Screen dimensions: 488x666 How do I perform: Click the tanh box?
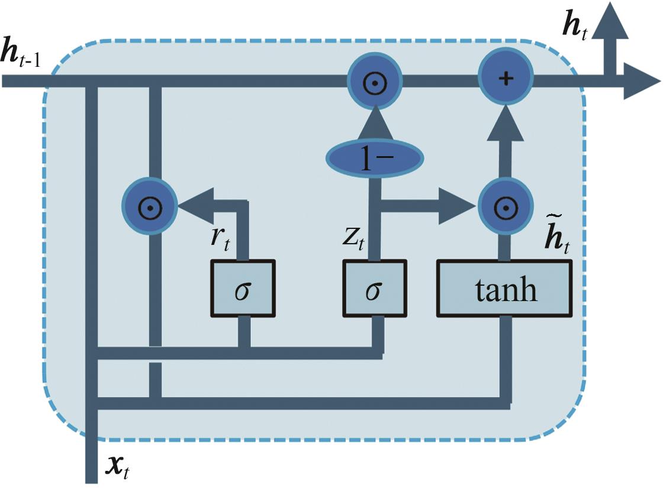[x=504, y=288]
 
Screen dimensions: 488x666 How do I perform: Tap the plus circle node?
[x=506, y=79]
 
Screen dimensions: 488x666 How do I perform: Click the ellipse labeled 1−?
[x=375, y=159]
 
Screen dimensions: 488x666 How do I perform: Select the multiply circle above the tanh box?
[x=504, y=205]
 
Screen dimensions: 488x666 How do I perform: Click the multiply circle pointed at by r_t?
[x=150, y=205]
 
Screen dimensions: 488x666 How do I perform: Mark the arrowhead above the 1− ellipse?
[x=375, y=125]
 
